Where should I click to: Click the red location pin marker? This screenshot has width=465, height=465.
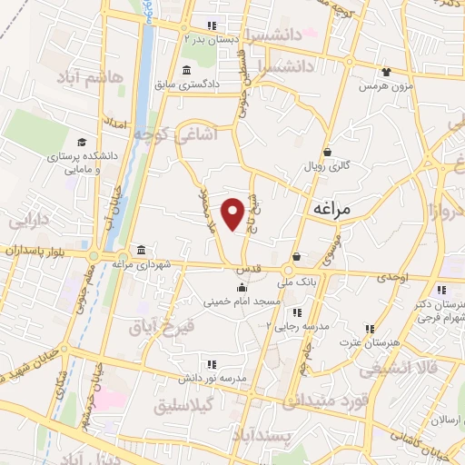point(233,213)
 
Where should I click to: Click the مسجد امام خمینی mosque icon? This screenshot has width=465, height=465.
point(241,288)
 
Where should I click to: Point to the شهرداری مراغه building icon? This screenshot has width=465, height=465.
point(141,250)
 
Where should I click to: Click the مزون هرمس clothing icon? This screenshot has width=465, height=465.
point(388,71)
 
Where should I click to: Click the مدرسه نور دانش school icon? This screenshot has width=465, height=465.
point(212,365)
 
